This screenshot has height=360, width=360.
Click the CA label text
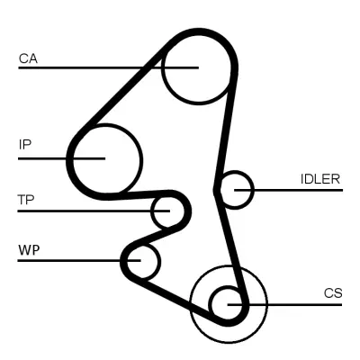click(x=27, y=59)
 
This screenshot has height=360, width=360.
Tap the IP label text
click(x=25, y=143)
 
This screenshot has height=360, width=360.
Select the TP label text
click(x=25, y=199)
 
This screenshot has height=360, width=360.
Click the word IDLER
click(x=319, y=178)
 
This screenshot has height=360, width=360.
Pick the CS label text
click(x=333, y=293)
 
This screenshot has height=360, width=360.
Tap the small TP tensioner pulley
click(x=165, y=212)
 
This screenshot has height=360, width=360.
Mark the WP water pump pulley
click(x=142, y=261)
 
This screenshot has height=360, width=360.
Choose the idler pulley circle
click(x=237, y=189)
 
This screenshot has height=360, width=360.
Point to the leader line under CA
click(x=90, y=67)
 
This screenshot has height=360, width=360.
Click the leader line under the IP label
click(x=45, y=158)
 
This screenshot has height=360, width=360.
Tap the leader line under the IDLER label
click(x=297, y=189)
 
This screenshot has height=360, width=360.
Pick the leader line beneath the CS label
click(x=297, y=304)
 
